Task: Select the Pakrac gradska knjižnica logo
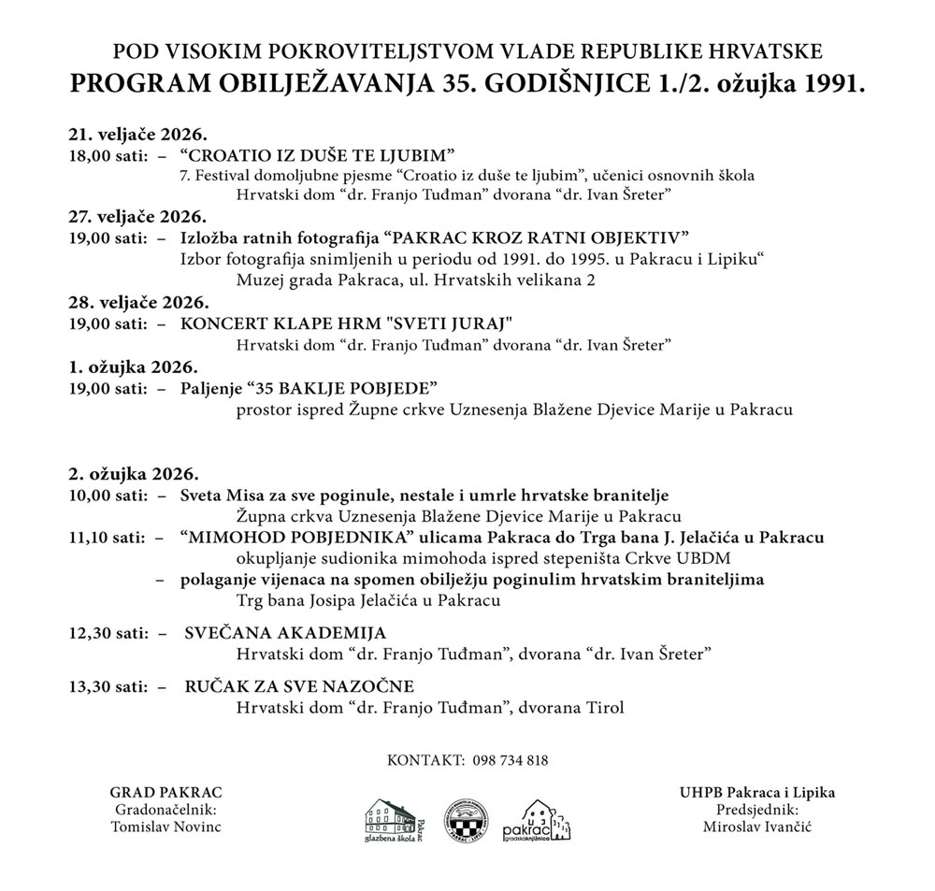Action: (537, 820)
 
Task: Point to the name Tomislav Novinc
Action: (166, 827)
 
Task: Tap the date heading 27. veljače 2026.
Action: (137, 216)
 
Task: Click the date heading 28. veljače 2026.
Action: (137, 302)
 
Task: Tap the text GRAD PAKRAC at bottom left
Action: (165, 793)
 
